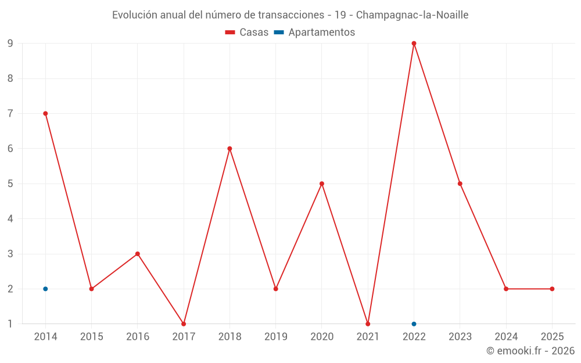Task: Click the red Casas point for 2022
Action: tap(414, 44)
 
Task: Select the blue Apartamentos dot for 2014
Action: tap(45, 289)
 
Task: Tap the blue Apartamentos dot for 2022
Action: tap(414, 324)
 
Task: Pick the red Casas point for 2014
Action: tap(45, 113)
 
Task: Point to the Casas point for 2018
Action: tap(229, 149)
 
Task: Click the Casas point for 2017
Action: tap(184, 324)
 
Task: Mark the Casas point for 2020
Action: tap(322, 184)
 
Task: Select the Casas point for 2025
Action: tap(552, 289)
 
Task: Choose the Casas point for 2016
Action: tap(138, 254)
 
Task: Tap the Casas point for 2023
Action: tap(460, 184)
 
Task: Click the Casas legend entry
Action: tap(247, 33)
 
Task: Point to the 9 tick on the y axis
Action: tap(10, 44)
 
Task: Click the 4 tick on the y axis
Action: tap(10, 219)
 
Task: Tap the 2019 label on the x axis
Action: tap(275, 337)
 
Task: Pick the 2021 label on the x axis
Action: tap(368, 337)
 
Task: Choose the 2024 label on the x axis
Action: tap(506, 337)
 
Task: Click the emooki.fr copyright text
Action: tap(530, 351)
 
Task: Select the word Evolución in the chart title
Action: tap(134, 15)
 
